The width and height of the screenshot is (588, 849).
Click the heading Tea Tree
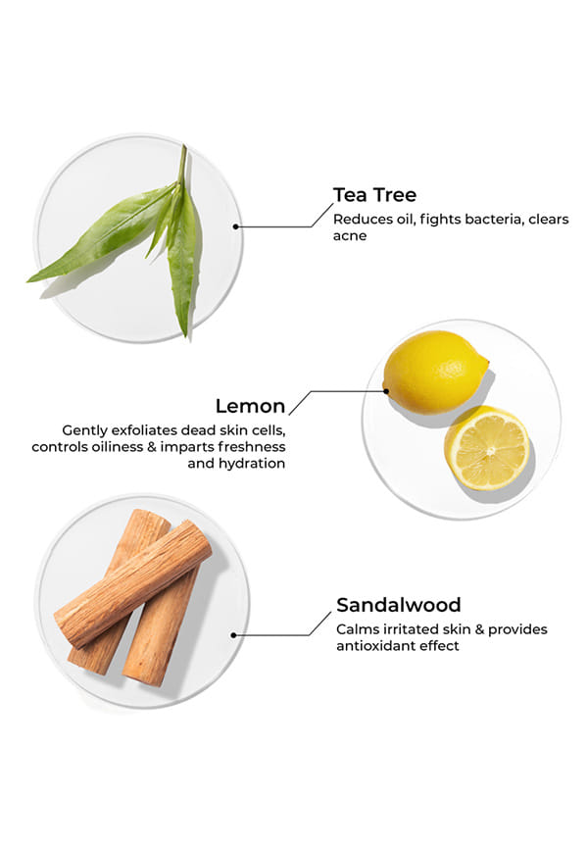click(374, 195)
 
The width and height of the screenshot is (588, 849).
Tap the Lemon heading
click(250, 406)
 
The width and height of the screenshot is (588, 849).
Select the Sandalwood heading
click(399, 605)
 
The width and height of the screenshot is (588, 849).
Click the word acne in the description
click(350, 236)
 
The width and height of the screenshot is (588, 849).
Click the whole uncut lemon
click(435, 372)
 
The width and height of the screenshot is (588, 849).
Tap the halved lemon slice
click(487, 448)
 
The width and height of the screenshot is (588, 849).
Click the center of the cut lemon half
click(489, 451)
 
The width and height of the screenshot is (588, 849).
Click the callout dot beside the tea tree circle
click(235, 226)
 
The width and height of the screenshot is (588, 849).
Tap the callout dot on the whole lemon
click(386, 391)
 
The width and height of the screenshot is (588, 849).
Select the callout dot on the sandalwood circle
click(233, 635)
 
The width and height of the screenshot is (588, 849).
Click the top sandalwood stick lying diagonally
click(132, 583)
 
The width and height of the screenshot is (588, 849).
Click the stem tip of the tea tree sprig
click(184, 146)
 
